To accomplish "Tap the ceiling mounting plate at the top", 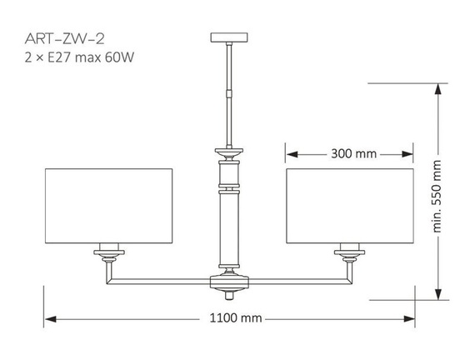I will pyautogui.click(x=229, y=37).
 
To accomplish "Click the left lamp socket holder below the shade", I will pyautogui.click(x=108, y=253).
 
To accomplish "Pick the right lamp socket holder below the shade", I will pyautogui.click(x=350, y=253).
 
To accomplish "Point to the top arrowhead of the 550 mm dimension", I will pyautogui.click(x=434, y=89).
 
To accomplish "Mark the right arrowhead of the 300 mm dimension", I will pyautogui.click(x=408, y=154).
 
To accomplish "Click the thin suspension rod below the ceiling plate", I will pyautogui.click(x=229, y=92).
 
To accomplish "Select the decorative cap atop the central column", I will pyautogui.click(x=229, y=153).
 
